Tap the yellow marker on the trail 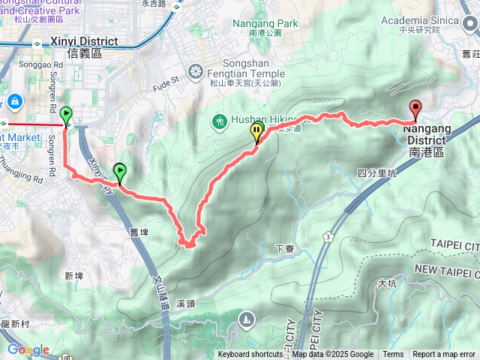pyautogui.click(x=257, y=133)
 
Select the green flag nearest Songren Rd pyautogui.click(x=66, y=116)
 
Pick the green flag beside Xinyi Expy pyautogui.click(x=118, y=172)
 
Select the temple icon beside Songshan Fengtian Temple pyautogui.click(x=196, y=72)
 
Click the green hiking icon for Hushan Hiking pyautogui.click(x=220, y=120)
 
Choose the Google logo pyautogui.click(x=28, y=349)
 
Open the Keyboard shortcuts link pyautogui.click(x=250, y=355)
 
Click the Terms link pyautogui.click(x=393, y=355)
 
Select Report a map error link pyautogui.click(x=444, y=355)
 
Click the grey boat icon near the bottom pyautogui.click(x=246, y=321)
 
